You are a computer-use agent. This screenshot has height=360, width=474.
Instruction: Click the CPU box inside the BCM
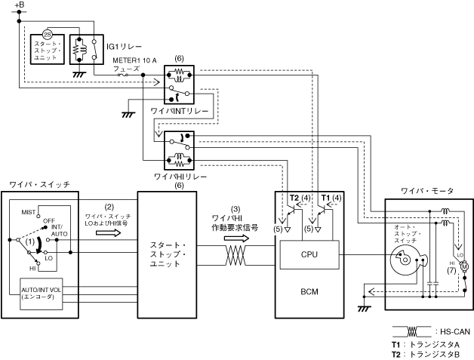pos(309,254)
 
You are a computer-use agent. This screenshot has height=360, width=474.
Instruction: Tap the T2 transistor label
pos(294,198)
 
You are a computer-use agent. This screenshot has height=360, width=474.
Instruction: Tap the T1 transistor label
pos(326,198)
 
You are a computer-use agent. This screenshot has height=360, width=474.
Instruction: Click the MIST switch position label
pos(29,212)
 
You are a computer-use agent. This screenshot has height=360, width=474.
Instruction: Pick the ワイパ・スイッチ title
pos(39,184)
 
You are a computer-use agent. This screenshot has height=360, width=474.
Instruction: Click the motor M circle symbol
pos(464,265)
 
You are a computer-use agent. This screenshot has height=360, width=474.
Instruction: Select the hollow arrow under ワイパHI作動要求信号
pos(235,237)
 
